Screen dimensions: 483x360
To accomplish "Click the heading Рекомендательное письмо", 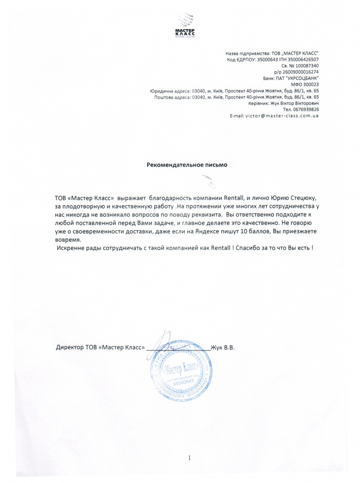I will pos(187,165).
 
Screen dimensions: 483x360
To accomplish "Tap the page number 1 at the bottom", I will pos(188,458).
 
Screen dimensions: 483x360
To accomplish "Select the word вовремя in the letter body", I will pos(68,240).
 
